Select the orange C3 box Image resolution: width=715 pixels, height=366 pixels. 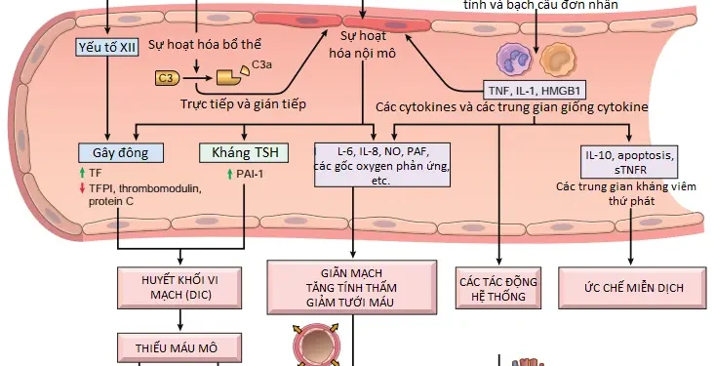[x=168, y=76]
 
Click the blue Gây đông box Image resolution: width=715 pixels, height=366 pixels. [x=122, y=153]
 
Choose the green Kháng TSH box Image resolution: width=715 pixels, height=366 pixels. [x=239, y=153]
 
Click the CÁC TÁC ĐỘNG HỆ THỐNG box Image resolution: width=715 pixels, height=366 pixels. [x=498, y=289]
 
